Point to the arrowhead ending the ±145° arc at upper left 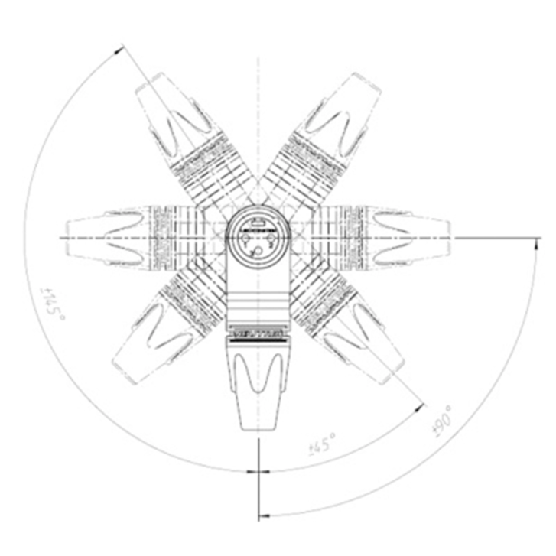(x=119, y=48)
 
